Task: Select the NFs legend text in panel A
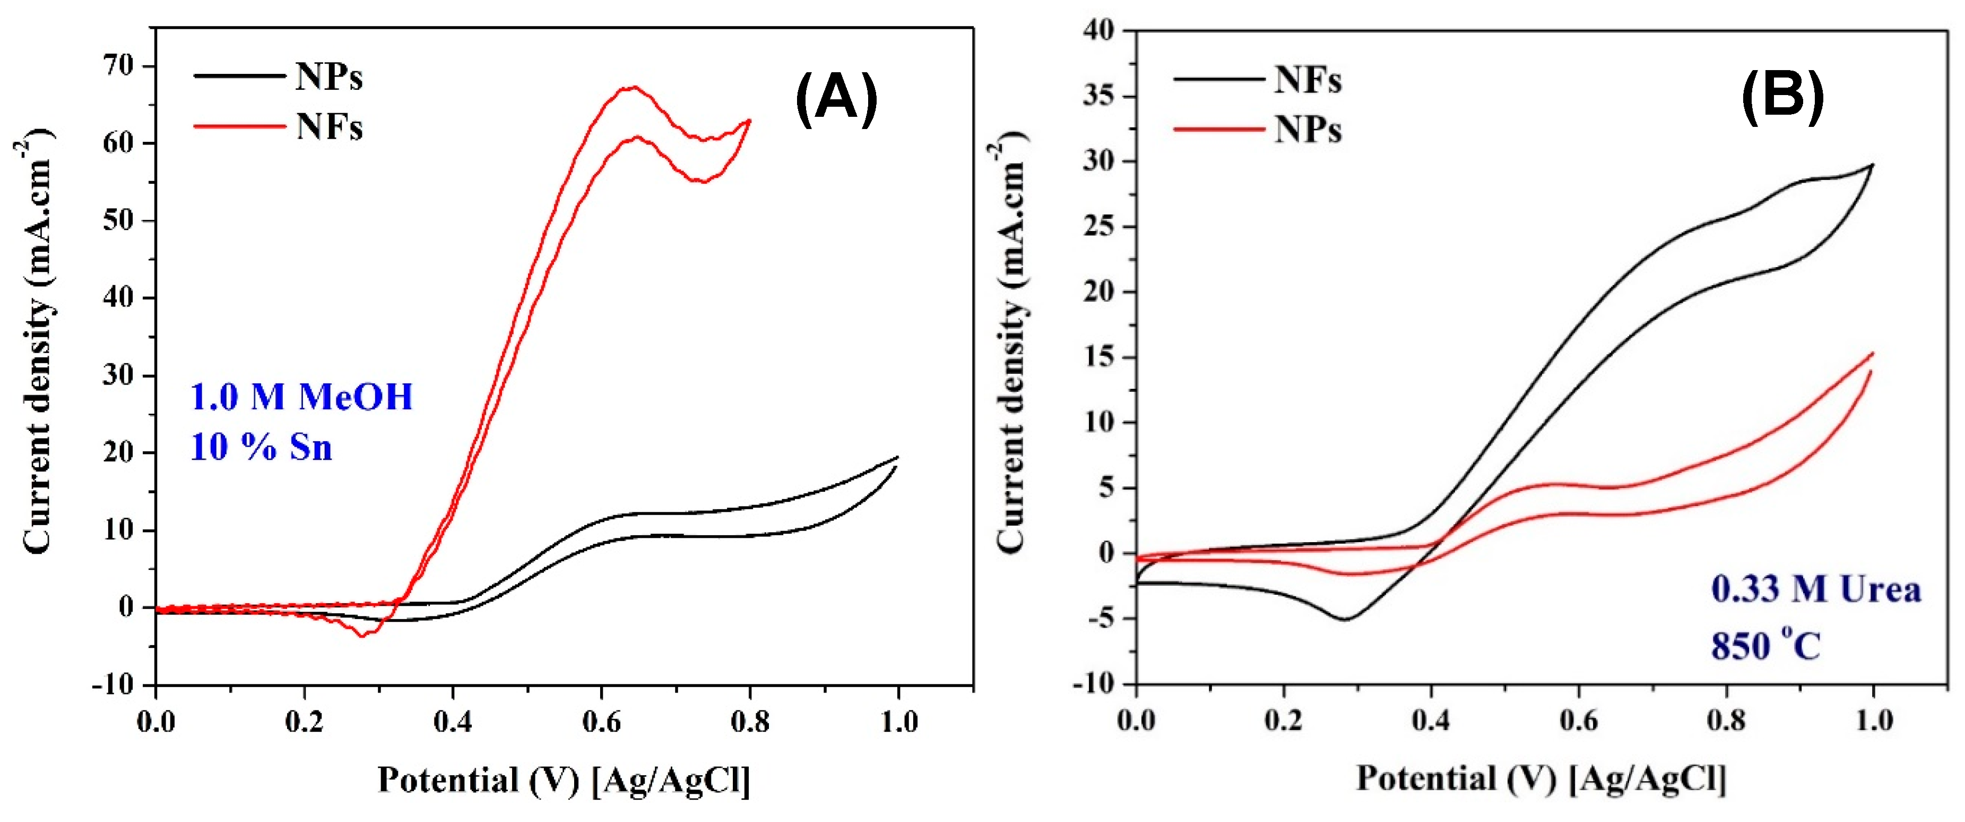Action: click(x=329, y=127)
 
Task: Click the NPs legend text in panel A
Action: click(x=329, y=76)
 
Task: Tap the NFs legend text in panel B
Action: click(x=1308, y=79)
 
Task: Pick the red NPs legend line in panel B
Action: click(x=1218, y=130)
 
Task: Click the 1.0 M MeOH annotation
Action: click(x=301, y=397)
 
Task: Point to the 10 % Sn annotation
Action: click(x=261, y=447)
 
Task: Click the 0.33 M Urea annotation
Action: click(x=1815, y=589)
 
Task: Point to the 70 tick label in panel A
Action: click(x=118, y=66)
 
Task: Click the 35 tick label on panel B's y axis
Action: click(x=1098, y=96)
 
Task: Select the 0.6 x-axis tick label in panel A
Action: click(x=601, y=721)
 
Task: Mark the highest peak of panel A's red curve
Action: click(x=633, y=87)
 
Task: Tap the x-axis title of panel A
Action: click(x=564, y=780)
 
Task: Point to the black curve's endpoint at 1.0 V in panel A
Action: click(x=897, y=457)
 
